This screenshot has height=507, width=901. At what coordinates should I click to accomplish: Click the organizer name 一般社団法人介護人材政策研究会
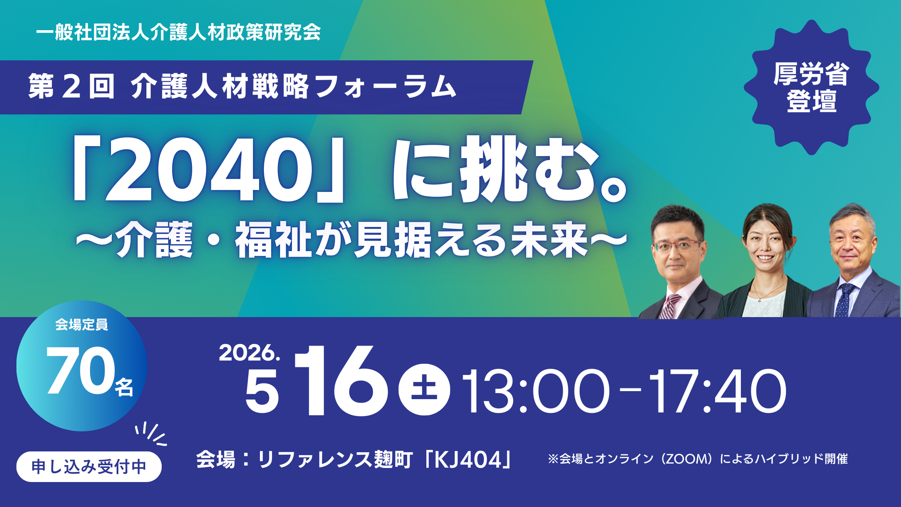pos(179,32)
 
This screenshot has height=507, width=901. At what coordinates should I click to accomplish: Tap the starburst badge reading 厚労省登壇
pos(811,87)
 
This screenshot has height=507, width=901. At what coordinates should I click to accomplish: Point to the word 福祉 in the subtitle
pos(273,240)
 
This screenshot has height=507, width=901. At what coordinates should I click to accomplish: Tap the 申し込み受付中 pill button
pos(89,467)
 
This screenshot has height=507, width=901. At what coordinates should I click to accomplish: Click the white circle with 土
pos(424,390)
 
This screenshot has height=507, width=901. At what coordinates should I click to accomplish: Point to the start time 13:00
pos(535,391)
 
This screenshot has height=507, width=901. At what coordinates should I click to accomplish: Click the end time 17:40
pos(718,391)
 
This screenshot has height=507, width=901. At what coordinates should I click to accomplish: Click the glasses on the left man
pos(678,245)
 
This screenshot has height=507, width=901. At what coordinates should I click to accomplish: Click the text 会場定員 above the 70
pos(82,325)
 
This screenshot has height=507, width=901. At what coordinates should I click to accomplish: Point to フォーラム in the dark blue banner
pos(386,87)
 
